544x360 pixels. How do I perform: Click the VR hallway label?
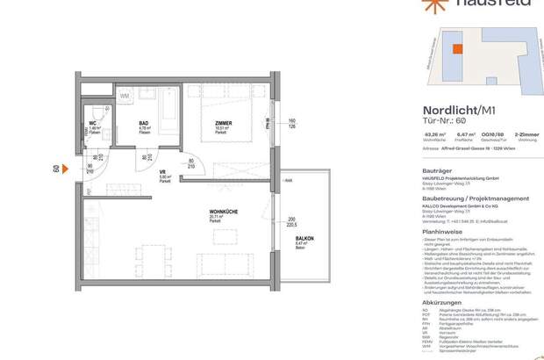[139, 172]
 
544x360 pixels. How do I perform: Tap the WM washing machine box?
[125, 95]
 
